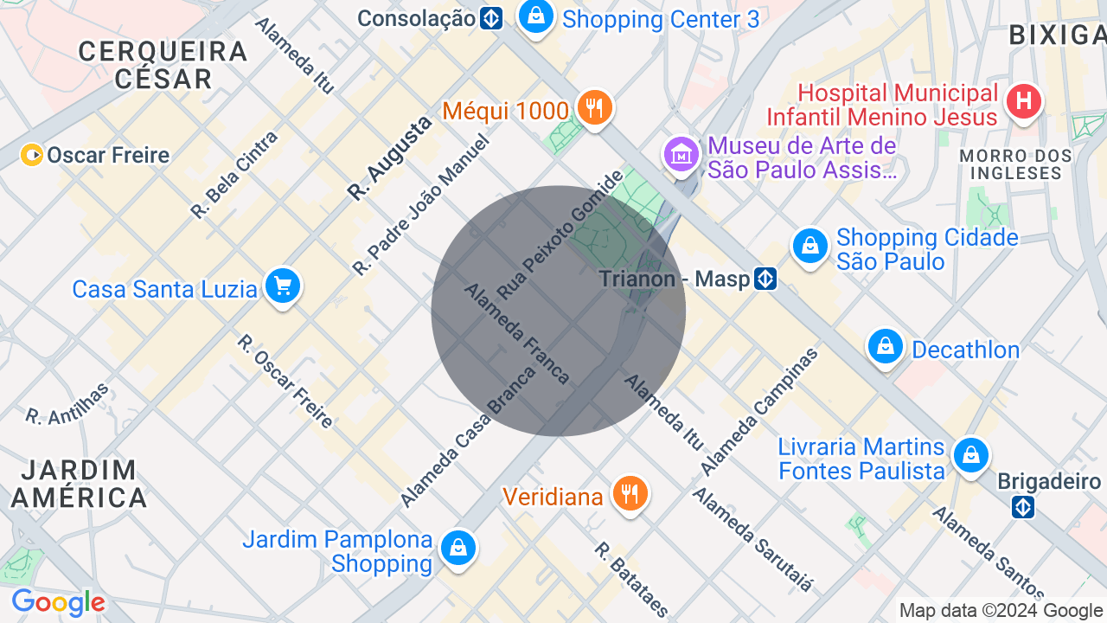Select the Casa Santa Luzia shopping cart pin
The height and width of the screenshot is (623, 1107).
[282, 286]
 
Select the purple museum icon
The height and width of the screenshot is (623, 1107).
[681, 155]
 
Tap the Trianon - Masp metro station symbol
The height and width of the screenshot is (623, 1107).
[765, 279]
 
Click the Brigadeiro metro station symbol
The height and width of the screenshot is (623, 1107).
[1023, 507]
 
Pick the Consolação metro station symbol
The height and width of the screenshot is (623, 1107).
[491, 18]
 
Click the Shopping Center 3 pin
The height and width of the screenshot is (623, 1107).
[536, 16]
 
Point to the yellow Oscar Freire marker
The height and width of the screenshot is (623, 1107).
[32, 155]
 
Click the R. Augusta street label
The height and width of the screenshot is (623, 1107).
[389, 159]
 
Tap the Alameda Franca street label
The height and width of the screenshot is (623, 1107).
[517, 334]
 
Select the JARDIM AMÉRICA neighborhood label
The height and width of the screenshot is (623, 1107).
[78, 484]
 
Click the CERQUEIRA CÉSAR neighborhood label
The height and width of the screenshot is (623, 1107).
[163, 65]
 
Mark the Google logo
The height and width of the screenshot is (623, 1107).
[58, 602]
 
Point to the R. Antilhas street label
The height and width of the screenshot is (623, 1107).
[67, 403]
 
